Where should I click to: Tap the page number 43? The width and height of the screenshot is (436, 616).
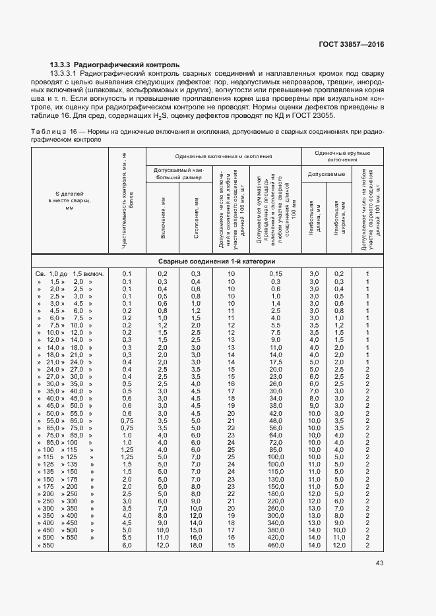[x=379, y=563]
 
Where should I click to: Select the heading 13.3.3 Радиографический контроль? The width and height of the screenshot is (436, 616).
[x=114, y=65]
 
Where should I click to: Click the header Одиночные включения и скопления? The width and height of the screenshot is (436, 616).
[x=224, y=156]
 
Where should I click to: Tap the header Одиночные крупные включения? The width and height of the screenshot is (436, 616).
[x=342, y=156]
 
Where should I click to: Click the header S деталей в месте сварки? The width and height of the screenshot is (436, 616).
[x=70, y=200]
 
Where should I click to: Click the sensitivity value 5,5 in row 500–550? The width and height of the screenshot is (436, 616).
[x=127, y=538]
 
